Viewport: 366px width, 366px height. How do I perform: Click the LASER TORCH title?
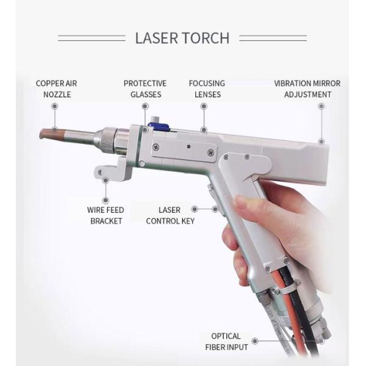(182, 38)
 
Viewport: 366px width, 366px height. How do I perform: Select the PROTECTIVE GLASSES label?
(145, 88)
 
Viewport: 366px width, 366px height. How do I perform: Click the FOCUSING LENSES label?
(206, 88)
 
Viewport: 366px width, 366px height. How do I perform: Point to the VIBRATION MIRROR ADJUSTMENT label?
(307, 88)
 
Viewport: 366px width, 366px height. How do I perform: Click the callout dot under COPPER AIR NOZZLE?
(54, 106)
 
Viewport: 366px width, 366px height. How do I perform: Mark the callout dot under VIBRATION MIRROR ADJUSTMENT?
(321, 106)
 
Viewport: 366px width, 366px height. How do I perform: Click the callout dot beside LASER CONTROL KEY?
(214, 209)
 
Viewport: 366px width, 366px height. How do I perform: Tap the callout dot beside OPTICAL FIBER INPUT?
(256, 342)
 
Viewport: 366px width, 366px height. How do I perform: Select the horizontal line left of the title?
(91, 38)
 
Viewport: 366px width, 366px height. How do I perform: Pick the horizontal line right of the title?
(273, 38)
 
